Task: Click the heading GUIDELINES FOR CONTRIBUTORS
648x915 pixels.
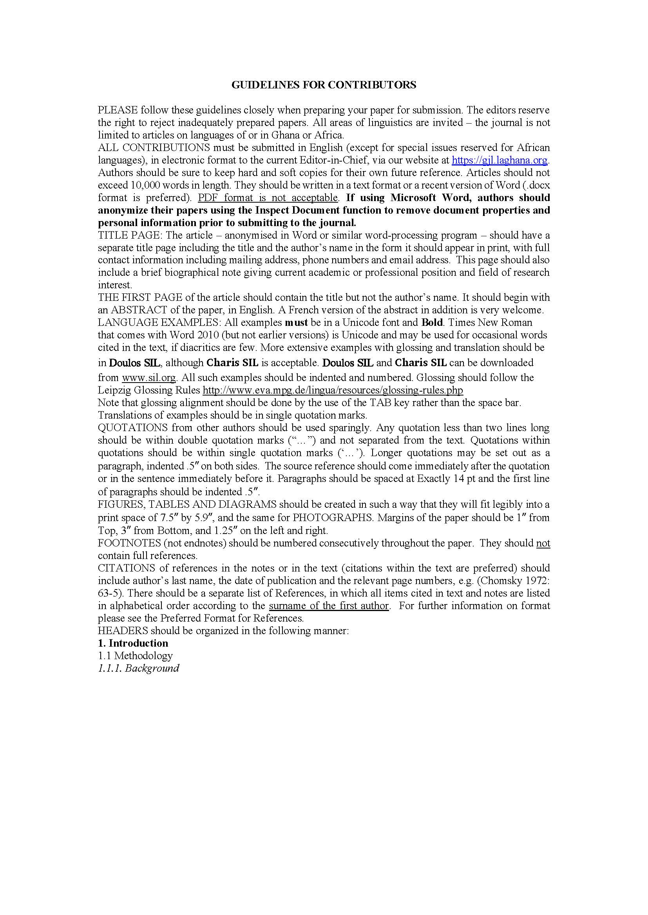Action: pos(324,85)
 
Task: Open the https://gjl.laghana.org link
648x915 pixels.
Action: pos(500,160)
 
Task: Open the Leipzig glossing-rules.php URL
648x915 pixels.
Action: pos(333,390)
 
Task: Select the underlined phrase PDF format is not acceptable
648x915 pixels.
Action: pos(268,198)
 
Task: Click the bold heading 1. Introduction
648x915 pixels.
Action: pos(133,643)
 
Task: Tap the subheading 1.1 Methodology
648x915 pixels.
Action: pos(135,656)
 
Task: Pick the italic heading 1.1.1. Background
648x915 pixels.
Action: pos(138,668)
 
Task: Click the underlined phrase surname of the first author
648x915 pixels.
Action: pos(329,606)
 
